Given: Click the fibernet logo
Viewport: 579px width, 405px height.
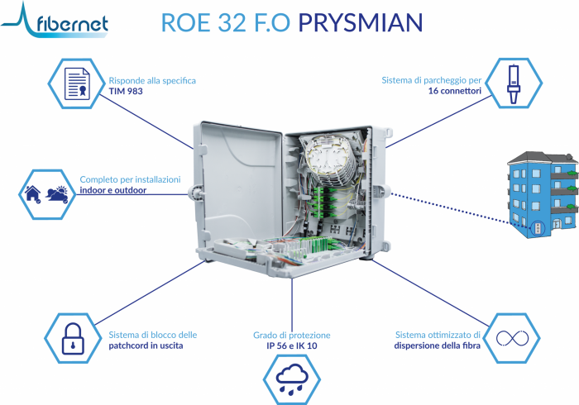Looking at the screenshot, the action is [55, 21].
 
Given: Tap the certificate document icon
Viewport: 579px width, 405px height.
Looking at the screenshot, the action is [77, 83].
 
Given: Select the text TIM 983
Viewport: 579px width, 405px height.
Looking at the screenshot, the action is [126, 91].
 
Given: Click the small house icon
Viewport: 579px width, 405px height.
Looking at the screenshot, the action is [33, 194].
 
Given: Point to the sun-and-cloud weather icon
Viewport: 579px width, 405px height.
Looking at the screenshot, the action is [57, 194].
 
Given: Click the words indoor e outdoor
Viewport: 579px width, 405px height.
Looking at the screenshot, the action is [113, 190].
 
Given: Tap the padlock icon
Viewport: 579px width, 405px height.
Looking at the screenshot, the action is [73, 339].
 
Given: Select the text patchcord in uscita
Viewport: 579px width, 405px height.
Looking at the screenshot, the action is [146, 345].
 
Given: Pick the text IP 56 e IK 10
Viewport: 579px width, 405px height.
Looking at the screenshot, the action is [292, 345].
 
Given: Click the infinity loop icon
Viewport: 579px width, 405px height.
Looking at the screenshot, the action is [512, 338].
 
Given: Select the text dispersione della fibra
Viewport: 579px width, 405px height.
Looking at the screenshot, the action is [438, 345].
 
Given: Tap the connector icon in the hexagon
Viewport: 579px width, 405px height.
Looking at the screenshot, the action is [514, 84].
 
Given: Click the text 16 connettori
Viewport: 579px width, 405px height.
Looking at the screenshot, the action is [455, 91].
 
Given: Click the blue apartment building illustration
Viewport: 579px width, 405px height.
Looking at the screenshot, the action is [543, 194].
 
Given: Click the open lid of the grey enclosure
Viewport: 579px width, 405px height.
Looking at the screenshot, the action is [239, 184].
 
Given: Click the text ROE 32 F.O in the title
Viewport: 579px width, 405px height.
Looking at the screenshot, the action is [226, 22].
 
